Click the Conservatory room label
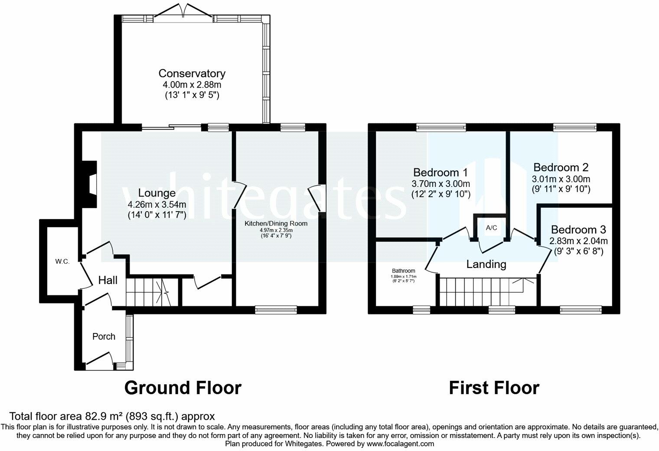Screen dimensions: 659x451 192,74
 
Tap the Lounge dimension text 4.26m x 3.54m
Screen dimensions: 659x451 157,204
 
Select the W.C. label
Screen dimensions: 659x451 62,261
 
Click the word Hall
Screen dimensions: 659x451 108,280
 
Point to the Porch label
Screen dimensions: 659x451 104,336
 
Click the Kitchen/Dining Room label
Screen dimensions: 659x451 276,223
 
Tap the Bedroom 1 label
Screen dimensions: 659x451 440,173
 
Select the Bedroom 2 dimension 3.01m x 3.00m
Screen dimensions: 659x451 561,179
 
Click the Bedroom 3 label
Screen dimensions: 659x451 578,229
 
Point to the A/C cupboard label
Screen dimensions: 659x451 491,227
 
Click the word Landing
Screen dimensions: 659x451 486,264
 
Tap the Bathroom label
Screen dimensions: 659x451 403,271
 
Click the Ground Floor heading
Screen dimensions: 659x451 183,388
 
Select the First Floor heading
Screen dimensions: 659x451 494,388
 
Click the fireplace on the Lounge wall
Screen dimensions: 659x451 89,184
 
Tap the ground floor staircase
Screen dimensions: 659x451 153,292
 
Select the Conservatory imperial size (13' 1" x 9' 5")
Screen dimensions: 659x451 192,95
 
